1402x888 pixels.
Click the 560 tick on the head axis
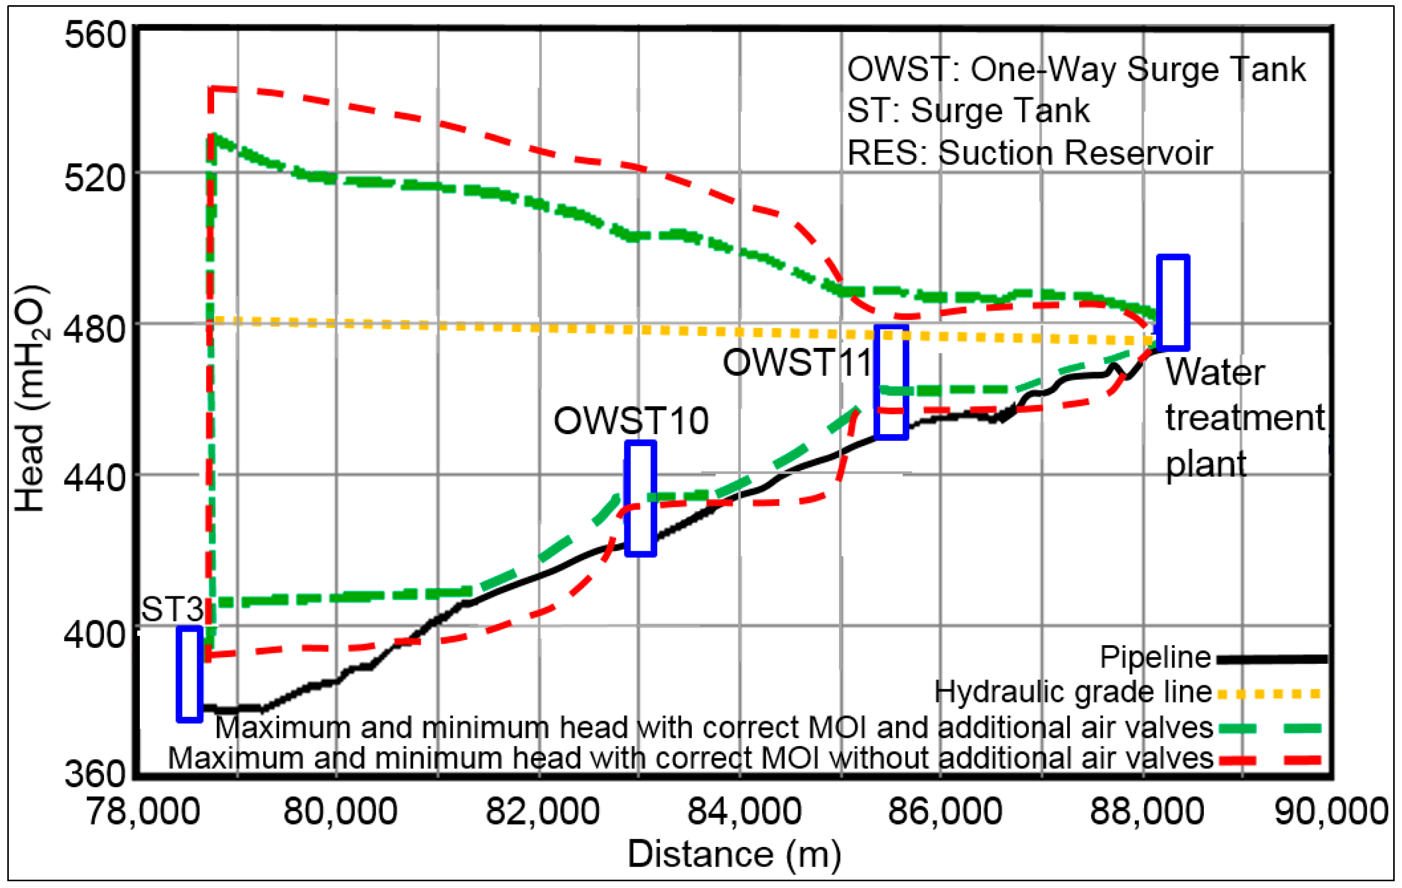[95, 35]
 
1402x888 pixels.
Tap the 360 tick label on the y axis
[95, 774]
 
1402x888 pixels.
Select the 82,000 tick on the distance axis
[543, 811]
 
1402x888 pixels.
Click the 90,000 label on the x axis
[1331, 811]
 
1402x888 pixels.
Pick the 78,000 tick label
[144, 811]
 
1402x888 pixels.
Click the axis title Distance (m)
[734, 854]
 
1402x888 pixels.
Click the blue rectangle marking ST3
[190, 674]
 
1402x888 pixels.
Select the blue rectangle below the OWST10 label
[640, 499]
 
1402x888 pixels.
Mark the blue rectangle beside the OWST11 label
[892, 383]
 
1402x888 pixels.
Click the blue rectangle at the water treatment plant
[1173, 303]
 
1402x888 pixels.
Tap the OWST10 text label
[631, 421]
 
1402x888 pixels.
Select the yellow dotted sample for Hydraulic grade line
[1269, 694]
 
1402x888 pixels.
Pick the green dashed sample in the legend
[1269, 728]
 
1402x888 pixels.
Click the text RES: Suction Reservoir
[1029, 153]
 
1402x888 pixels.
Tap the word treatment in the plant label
[1245, 418]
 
